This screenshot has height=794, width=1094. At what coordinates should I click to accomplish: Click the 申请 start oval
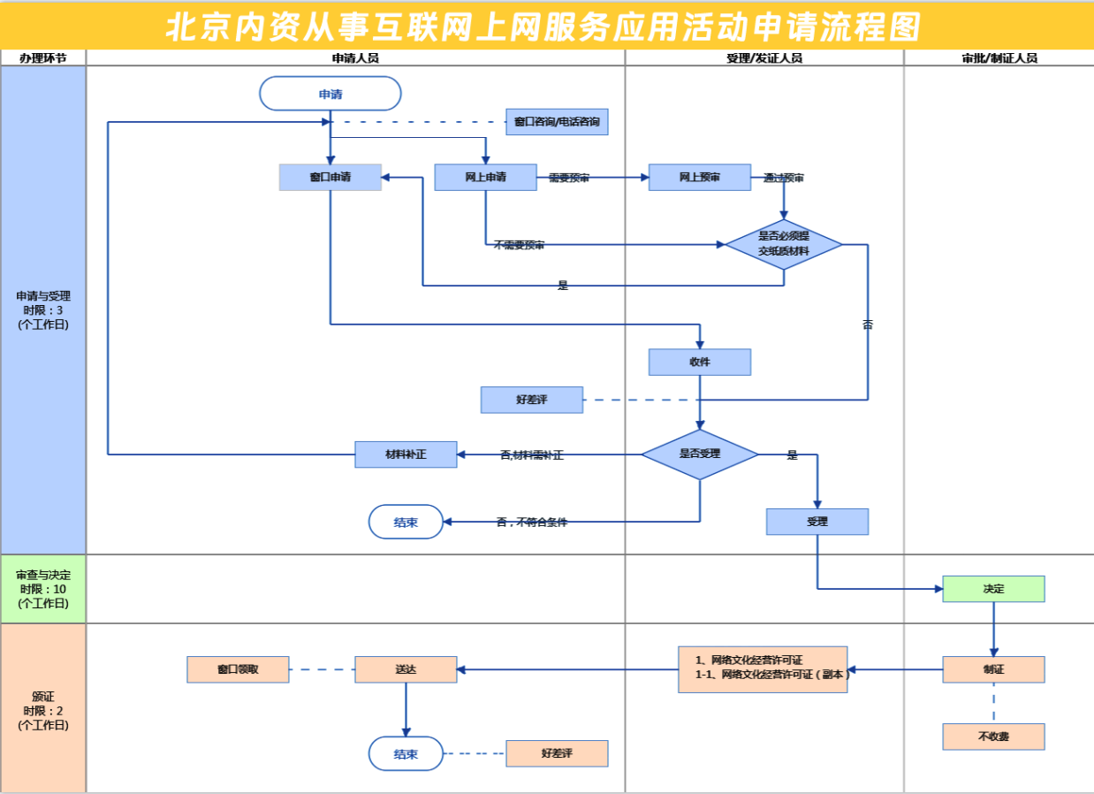click(330, 94)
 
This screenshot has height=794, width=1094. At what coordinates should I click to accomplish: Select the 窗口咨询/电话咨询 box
click(557, 122)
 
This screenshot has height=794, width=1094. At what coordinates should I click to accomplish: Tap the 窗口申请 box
click(330, 177)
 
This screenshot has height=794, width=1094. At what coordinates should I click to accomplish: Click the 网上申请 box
click(485, 177)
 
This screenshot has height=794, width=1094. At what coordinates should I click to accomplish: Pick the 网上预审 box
click(699, 177)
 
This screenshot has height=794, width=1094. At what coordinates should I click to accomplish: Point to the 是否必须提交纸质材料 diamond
click(783, 244)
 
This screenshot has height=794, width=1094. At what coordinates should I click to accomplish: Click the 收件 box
click(699, 362)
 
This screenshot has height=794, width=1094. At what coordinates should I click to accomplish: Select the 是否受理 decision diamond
click(699, 454)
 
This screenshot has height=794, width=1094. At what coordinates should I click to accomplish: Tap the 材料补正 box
click(406, 454)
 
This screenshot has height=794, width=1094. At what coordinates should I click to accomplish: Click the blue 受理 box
click(817, 522)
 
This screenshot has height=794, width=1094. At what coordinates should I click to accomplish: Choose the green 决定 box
click(993, 589)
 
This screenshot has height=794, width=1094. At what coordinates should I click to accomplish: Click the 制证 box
click(993, 669)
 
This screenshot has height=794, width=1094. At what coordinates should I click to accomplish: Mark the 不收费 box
click(993, 737)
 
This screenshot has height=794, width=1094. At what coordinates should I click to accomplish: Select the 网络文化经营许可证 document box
click(763, 669)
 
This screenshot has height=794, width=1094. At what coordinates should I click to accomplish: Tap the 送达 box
click(406, 669)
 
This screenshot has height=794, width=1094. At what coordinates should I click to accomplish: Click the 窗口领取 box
click(238, 669)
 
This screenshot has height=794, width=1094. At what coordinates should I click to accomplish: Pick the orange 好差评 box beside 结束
click(557, 753)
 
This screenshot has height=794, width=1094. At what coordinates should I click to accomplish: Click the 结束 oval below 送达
click(406, 753)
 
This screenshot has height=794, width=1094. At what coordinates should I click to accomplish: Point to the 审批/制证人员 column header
click(999, 58)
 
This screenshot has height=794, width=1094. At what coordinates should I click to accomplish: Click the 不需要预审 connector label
click(520, 245)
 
